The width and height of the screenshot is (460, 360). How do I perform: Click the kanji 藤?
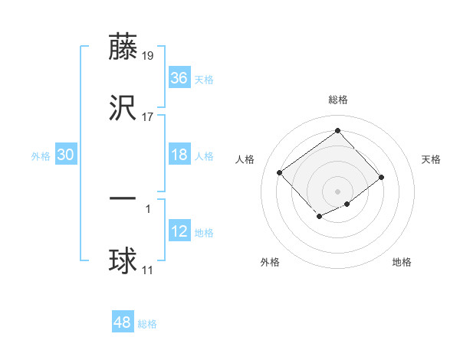[123, 47]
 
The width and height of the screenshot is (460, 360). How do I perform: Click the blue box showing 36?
[179, 78]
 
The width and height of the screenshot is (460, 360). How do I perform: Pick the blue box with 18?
[179, 155]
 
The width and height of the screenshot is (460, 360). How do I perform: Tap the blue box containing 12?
[179, 231]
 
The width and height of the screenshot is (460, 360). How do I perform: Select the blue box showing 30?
[66, 155]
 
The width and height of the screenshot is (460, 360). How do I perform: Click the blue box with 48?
[123, 322]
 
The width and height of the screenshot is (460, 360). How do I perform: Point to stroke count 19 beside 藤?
[147, 56]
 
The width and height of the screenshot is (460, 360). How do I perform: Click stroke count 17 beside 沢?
[147, 116]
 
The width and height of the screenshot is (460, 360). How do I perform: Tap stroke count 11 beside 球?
[147, 270]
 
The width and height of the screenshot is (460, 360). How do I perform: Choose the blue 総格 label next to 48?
[147, 324]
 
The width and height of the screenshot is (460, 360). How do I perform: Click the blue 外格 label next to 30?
[41, 155]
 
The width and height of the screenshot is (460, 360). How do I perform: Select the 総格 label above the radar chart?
[337, 100]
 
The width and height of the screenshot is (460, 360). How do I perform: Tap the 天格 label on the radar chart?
[431, 159]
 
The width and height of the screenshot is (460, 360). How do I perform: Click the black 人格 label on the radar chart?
[245, 159]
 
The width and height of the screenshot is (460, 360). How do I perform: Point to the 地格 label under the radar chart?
[402, 262]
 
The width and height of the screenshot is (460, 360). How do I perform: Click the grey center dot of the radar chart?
[337, 191]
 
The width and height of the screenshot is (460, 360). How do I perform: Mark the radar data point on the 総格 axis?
[337, 130]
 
